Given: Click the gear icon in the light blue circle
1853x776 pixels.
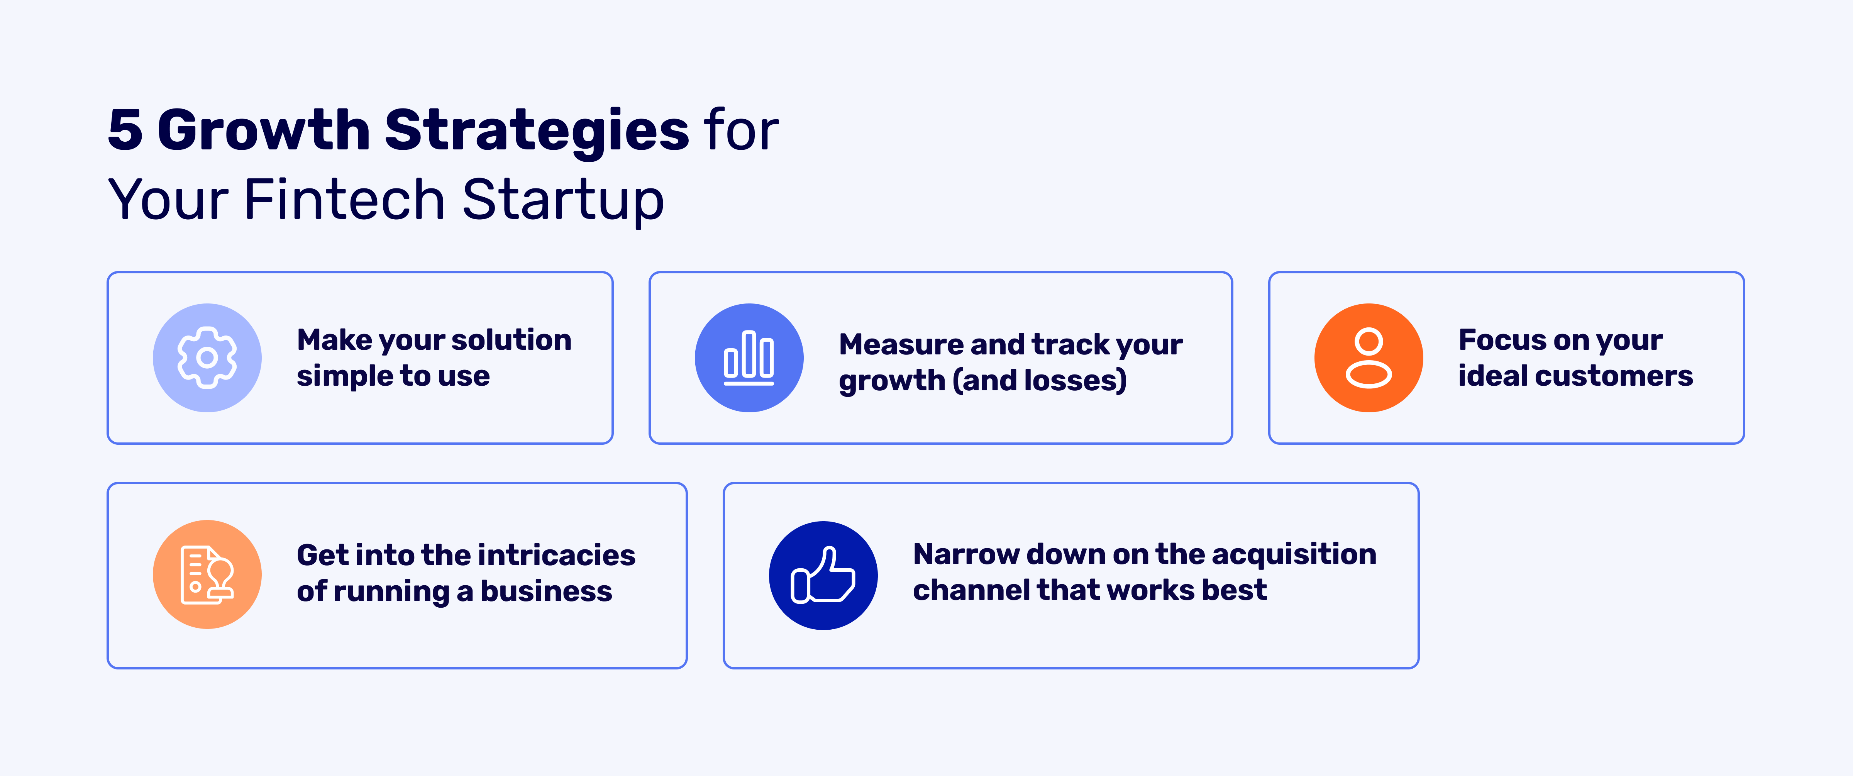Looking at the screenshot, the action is pos(207,358).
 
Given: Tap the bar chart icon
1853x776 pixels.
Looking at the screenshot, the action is pos(749,358).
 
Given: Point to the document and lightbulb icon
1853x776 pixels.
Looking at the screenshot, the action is pos(207,574).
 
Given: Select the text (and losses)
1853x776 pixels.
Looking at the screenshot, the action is pos(1040,380).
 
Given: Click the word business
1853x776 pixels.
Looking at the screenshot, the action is pos(546,591).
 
